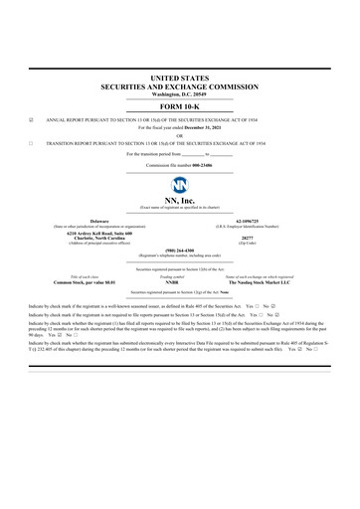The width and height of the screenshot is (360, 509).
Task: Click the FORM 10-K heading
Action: (x=179, y=106)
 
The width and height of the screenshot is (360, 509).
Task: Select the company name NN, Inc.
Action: (x=179, y=201)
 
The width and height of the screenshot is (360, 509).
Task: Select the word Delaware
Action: (x=99, y=221)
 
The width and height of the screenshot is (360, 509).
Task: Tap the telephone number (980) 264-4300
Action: (x=179, y=251)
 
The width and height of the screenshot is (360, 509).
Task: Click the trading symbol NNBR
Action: (x=172, y=282)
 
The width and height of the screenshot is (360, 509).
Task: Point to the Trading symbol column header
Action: (x=172, y=276)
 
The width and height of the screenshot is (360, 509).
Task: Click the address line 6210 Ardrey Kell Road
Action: (x=99, y=233)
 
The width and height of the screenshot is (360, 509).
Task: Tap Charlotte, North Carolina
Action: (x=99, y=239)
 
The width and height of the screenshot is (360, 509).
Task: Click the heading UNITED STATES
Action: (x=179, y=77)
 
